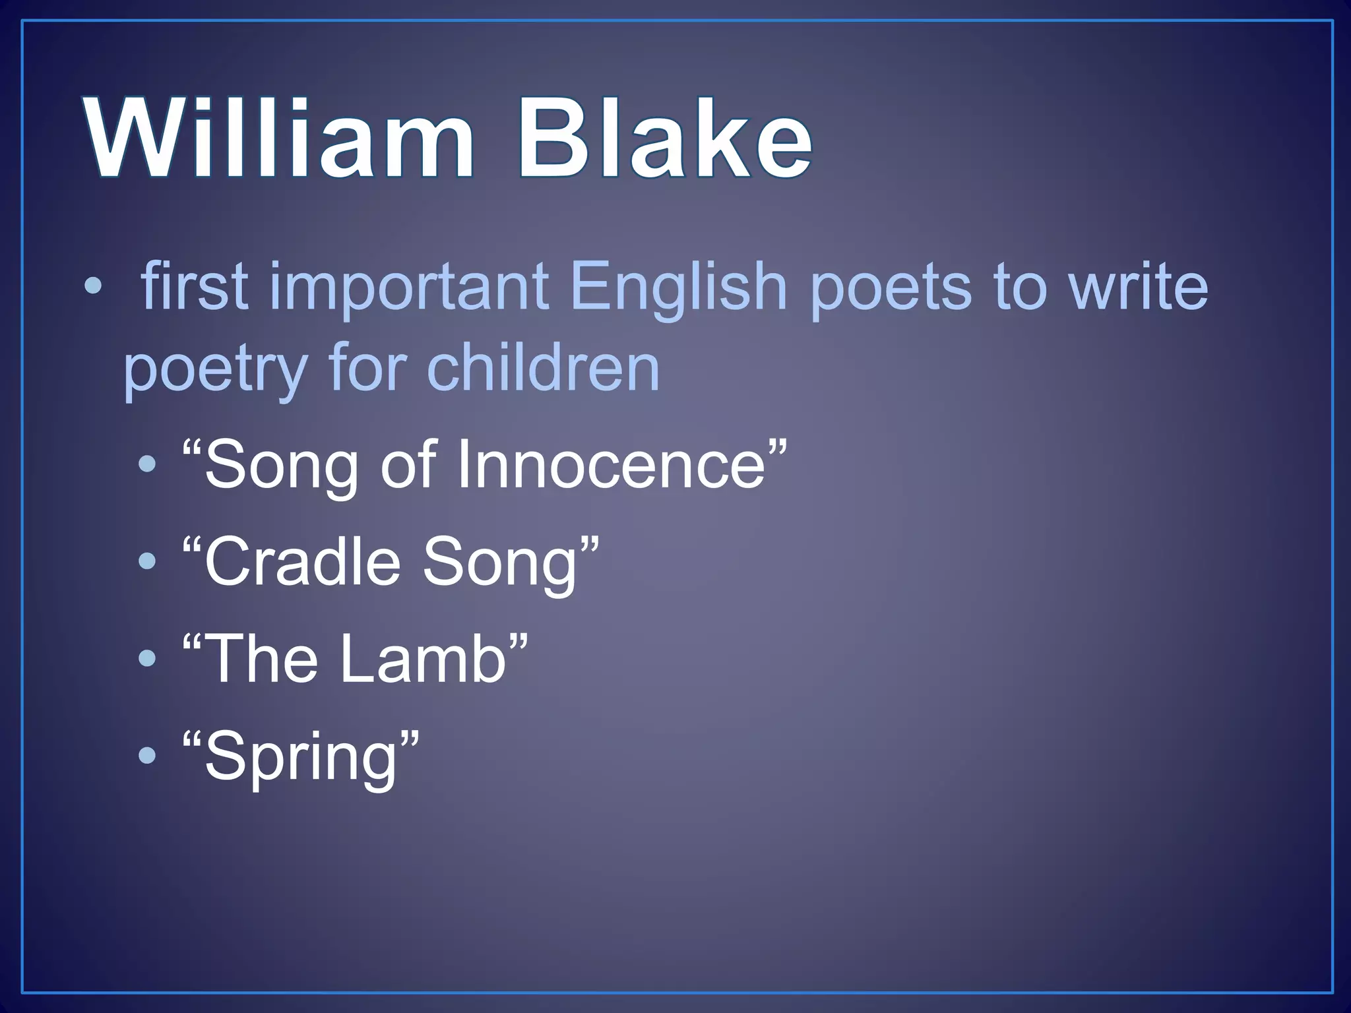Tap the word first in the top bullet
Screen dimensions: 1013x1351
(x=195, y=285)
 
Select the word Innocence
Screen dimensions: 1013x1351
(x=610, y=465)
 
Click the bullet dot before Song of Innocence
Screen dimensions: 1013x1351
(x=148, y=465)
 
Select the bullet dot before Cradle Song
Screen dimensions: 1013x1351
(x=148, y=562)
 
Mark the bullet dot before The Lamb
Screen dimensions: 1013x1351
(x=148, y=658)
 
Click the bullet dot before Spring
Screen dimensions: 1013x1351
(x=148, y=755)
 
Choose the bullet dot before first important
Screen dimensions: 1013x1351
(x=94, y=286)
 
